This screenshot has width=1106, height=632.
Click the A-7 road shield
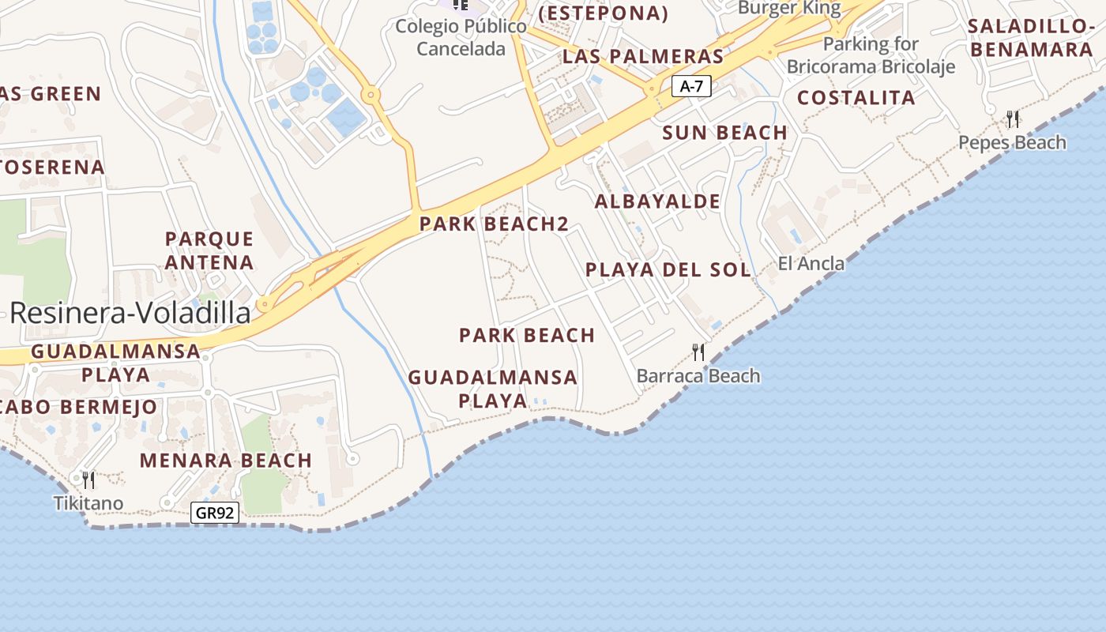tap(691, 87)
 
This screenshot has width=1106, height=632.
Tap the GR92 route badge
tap(215, 513)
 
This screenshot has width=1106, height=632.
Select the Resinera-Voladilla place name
tap(130, 314)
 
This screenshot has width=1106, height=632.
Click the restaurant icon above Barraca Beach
tap(698, 352)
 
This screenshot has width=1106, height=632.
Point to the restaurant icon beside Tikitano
tap(88, 480)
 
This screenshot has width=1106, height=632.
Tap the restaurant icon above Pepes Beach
tap(1013, 119)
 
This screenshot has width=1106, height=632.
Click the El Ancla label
tap(811, 264)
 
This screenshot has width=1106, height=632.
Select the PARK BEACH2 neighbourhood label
tap(494, 224)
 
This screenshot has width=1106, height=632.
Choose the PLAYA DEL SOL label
tap(668, 269)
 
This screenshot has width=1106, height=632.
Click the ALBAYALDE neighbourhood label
tap(657, 201)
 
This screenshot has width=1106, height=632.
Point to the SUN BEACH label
tap(725, 133)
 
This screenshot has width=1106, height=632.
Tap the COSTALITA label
tap(856, 98)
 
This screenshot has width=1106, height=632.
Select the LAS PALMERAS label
tap(643, 57)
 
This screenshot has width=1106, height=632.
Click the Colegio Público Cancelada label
tap(461, 37)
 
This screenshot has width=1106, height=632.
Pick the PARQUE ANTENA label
tap(209, 250)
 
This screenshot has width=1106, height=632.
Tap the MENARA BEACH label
tap(226, 460)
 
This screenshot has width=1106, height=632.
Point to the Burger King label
tap(789, 8)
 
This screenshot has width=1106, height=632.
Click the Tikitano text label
tap(88, 503)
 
